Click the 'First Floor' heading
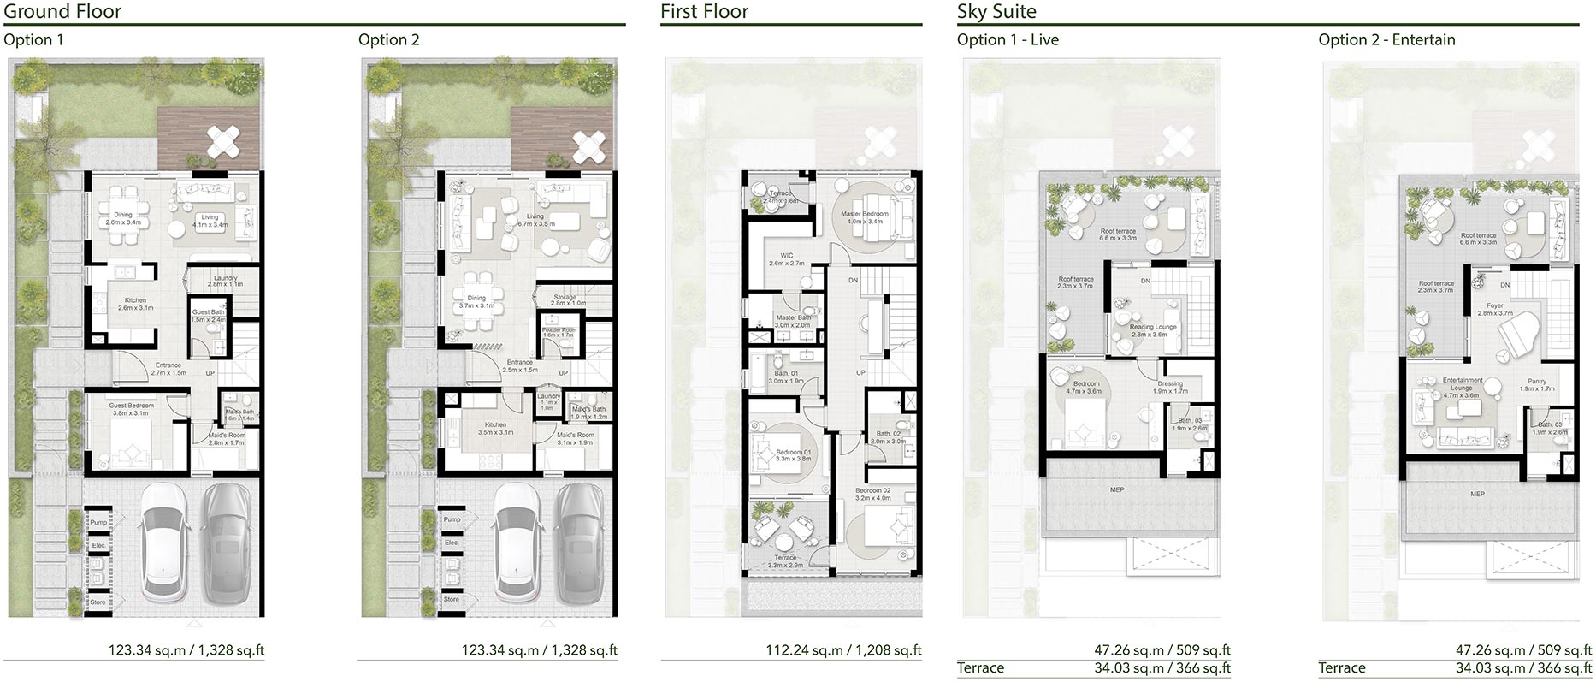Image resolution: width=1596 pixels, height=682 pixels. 704,12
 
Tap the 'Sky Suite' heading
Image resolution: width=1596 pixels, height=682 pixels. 996,12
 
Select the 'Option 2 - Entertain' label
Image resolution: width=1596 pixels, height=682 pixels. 1386,39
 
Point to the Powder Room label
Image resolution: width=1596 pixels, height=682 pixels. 559,332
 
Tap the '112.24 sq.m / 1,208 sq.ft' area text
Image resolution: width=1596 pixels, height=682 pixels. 843,650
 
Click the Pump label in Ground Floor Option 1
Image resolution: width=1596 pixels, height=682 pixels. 98,522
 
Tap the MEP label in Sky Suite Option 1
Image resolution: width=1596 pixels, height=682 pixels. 1117,489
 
